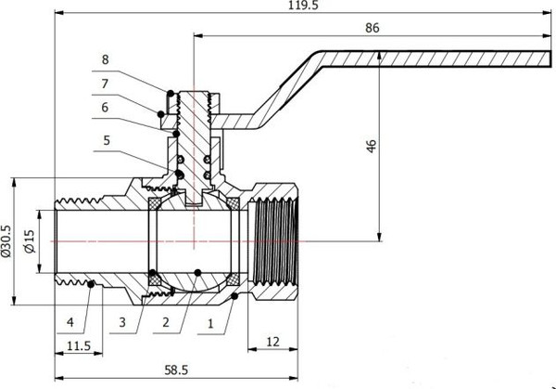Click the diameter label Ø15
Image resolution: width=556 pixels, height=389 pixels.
click(x=32, y=244)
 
